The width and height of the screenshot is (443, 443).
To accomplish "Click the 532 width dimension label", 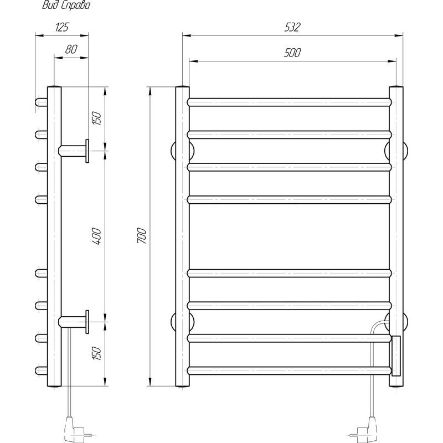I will pos(293,27).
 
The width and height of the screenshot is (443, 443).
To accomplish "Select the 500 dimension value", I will pos(293,53).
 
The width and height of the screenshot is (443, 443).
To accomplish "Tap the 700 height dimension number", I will pos(142,236).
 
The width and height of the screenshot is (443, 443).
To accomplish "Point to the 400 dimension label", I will pos(97,236).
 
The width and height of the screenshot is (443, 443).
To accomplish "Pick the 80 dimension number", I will pos(71,49).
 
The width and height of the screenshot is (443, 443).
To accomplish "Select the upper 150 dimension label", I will pos(97,118).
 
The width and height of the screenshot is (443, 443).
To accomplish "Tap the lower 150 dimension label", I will pos(97,353).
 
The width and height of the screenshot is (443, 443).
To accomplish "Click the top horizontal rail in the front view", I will pos(290,102).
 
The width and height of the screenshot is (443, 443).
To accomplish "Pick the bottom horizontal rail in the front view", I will pos(290,370).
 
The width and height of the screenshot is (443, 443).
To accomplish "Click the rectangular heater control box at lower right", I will pos(395,356).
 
